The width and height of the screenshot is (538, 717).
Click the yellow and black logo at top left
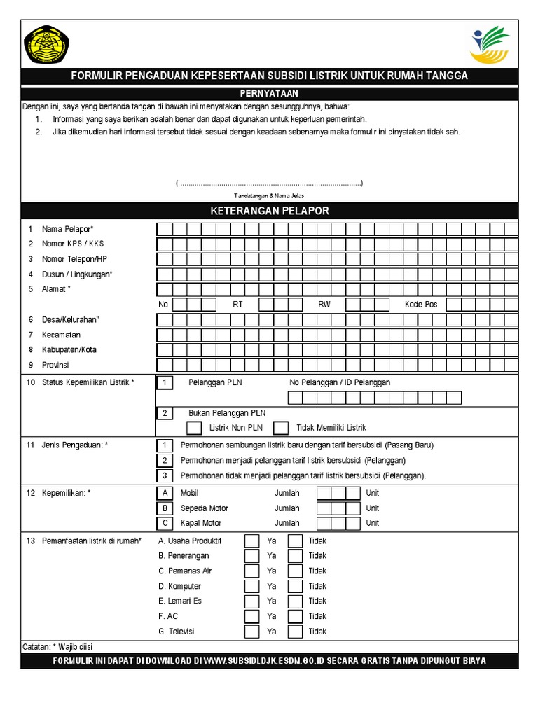47,45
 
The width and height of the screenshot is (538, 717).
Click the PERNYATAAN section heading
269,93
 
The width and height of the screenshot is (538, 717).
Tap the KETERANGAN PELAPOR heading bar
269,211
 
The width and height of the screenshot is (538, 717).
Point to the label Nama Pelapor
67,229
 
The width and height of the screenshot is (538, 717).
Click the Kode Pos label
421,305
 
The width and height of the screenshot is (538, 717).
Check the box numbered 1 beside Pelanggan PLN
165,382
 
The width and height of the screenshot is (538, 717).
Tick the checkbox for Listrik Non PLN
195,427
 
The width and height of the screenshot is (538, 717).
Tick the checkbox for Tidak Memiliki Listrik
281,427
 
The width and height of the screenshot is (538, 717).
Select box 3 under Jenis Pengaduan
165,475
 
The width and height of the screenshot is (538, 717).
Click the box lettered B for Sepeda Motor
165,508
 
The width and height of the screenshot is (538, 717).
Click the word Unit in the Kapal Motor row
373,523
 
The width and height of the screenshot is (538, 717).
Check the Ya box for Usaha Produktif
251,541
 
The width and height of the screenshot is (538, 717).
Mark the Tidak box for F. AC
295,616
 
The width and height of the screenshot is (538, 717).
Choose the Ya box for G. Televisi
251,632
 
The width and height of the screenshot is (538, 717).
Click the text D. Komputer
179,586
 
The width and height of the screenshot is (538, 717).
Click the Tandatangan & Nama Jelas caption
268,196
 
